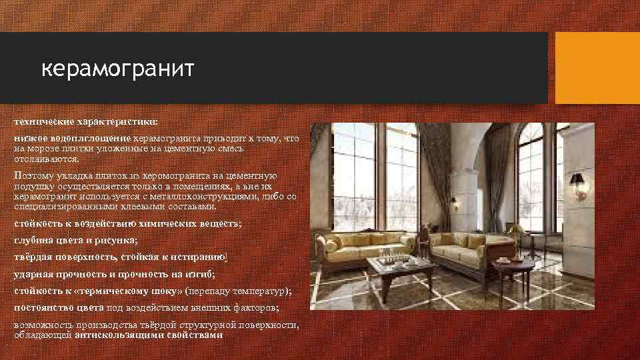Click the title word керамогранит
(x=117, y=69)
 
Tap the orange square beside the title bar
(x=597, y=68)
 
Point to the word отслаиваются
(x=47, y=159)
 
